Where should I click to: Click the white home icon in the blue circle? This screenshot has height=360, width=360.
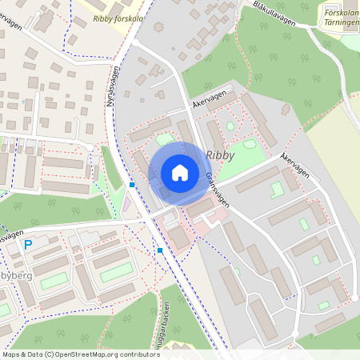click(x=180, y=173)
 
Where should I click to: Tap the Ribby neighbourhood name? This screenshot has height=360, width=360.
click(x=220, y=155)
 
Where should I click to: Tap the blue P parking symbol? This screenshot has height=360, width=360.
click(x=28, y=246)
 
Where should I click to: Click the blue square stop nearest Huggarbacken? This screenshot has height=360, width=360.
click(x=160, y=250)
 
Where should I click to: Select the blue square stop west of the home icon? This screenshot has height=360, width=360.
click(x=132, y=185)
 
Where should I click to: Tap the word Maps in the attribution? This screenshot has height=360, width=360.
click(x=11, y=353)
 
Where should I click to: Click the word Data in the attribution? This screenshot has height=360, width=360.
click(x=34, y=353)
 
